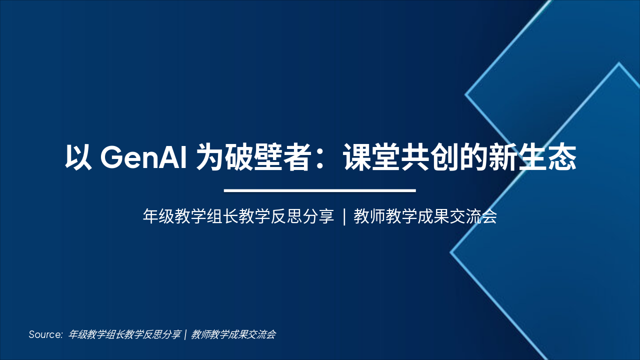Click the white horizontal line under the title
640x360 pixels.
click(x=320, y=190)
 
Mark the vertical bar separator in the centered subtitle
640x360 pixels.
click(x=344, y=217)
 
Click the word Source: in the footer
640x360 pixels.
click(x=45, y=334)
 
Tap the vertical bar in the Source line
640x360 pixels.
click(x=185, y=334)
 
